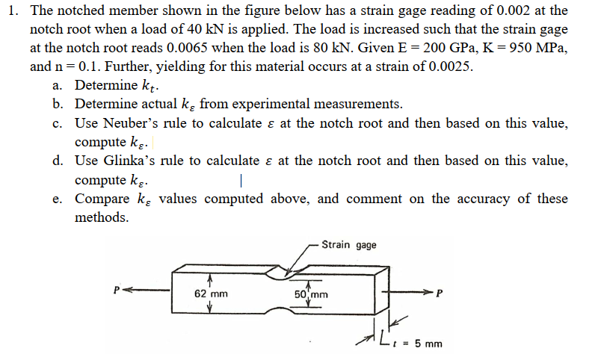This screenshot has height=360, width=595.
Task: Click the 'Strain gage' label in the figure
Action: click(x=349, y=245)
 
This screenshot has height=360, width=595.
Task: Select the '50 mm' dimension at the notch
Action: click(x=310, y=294)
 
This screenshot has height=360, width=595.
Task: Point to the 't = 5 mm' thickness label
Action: click(x=423, y=344)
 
